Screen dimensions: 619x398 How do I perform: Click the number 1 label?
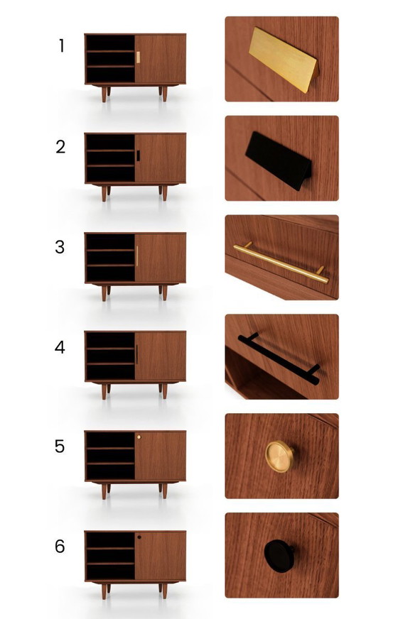tap(62, 46)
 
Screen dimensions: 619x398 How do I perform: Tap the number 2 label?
tap(61, 147)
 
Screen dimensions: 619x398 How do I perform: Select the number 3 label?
tap(61, 247)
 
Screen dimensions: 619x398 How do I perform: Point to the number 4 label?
tap(61, 347)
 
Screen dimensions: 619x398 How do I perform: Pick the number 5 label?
tap(61, 447)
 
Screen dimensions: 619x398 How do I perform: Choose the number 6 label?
tap(61, 547)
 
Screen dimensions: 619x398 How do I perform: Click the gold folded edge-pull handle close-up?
tap(284, 59)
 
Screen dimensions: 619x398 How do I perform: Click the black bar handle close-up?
tap(280, 358)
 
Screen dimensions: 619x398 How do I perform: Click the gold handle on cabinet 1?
tap(138, 57)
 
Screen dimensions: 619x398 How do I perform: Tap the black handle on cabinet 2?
tap(138, 155)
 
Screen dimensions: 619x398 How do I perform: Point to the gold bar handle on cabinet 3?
tap(136, 256)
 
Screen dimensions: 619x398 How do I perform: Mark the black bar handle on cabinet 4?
tap(136, 355)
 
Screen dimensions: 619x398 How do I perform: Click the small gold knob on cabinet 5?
tap(139, 437)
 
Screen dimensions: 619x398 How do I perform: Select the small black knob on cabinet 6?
tap(139, 537)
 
